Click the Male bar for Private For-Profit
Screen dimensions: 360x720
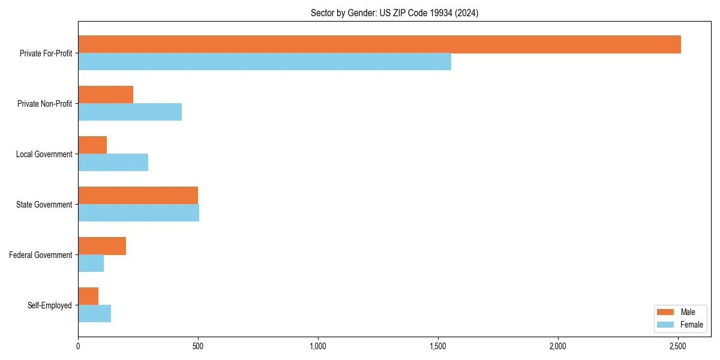(379, 44)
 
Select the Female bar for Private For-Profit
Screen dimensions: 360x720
(265, 62)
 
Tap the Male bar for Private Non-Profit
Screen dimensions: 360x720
(106, 95)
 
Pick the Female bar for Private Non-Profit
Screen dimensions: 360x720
(130, 112)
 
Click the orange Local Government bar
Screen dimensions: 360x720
(92, 145)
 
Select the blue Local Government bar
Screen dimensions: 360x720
(113, 163)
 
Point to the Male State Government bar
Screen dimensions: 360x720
(138, 196)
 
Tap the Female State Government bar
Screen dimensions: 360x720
(139, 213)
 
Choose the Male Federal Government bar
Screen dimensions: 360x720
(102, 246)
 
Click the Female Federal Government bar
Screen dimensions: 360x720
(91, 263)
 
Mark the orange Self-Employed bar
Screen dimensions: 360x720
(88, 296)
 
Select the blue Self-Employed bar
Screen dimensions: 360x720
(94, 314)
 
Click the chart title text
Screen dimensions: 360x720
(394, 13)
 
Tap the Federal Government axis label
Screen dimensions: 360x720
(41, 255)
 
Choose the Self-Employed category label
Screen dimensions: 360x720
(50, 305)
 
